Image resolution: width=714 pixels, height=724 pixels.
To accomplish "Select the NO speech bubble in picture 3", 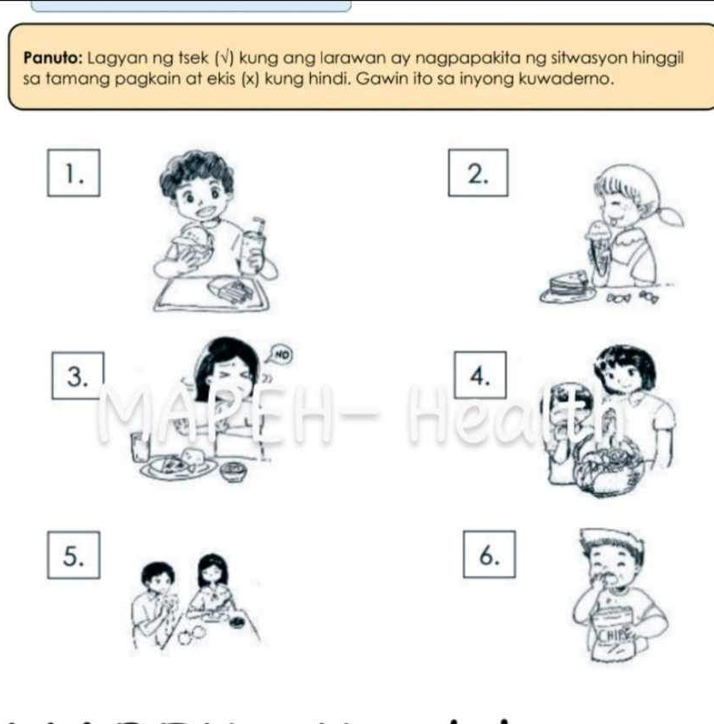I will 280,351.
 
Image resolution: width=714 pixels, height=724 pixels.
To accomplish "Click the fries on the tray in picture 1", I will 230,290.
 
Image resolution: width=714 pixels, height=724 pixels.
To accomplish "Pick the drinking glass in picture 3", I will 138,445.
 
